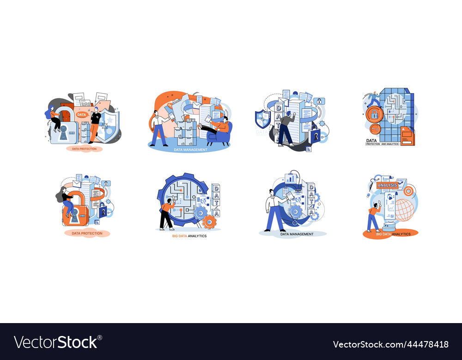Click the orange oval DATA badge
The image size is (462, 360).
click(x=81, y=114)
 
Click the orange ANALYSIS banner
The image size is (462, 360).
click(x=387, y=185)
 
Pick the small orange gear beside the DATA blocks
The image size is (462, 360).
click(x=209, y=222)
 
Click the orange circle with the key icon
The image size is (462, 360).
click(x=375, y=129)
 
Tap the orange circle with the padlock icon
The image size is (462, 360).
click(x=374, y=114)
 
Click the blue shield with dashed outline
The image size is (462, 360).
click(x=262, y=119)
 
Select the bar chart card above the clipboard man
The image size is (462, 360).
click(x=291, y=178)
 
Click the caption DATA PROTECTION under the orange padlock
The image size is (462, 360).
click(x=87, y=234)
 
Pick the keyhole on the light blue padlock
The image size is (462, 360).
click(x=63, y=132)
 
